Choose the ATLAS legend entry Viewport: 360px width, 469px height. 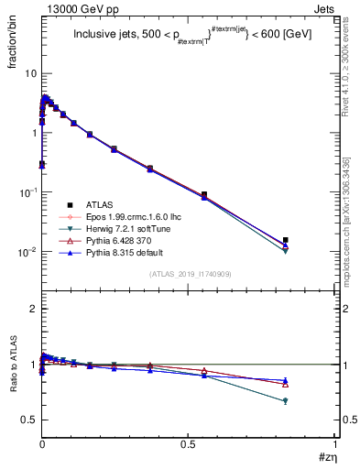click(x=100, y=204)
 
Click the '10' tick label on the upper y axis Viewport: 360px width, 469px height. click(x=29, y=73)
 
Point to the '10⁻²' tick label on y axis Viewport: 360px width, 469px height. click(x=27, y=251)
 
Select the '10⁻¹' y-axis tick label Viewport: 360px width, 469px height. click(x=27, y=191)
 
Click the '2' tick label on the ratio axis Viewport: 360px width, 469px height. click(x=33, y=309)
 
